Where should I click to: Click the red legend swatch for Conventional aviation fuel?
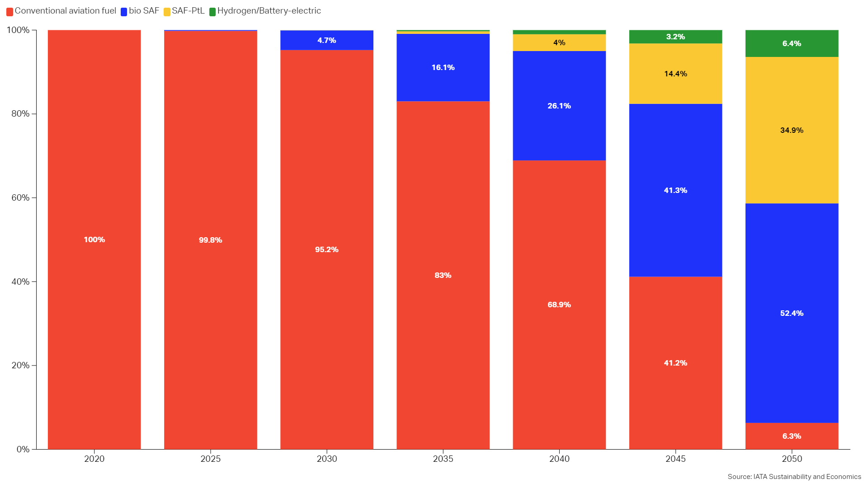click(x=9, y=12)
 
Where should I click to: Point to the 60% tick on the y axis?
click(x=21, y=197)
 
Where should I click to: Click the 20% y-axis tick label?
click(x=21, y=365)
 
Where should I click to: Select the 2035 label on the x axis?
click(x=443, y=459)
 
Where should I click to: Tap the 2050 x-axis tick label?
click(x=792, y=459)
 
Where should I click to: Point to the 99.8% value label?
click(x=210, y=240)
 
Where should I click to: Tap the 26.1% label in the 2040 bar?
click(x=559, y=106)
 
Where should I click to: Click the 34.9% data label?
click(x=792, y=130)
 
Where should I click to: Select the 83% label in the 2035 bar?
click(x=443, y=275)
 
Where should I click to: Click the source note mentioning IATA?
click(x=794, y=477)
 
